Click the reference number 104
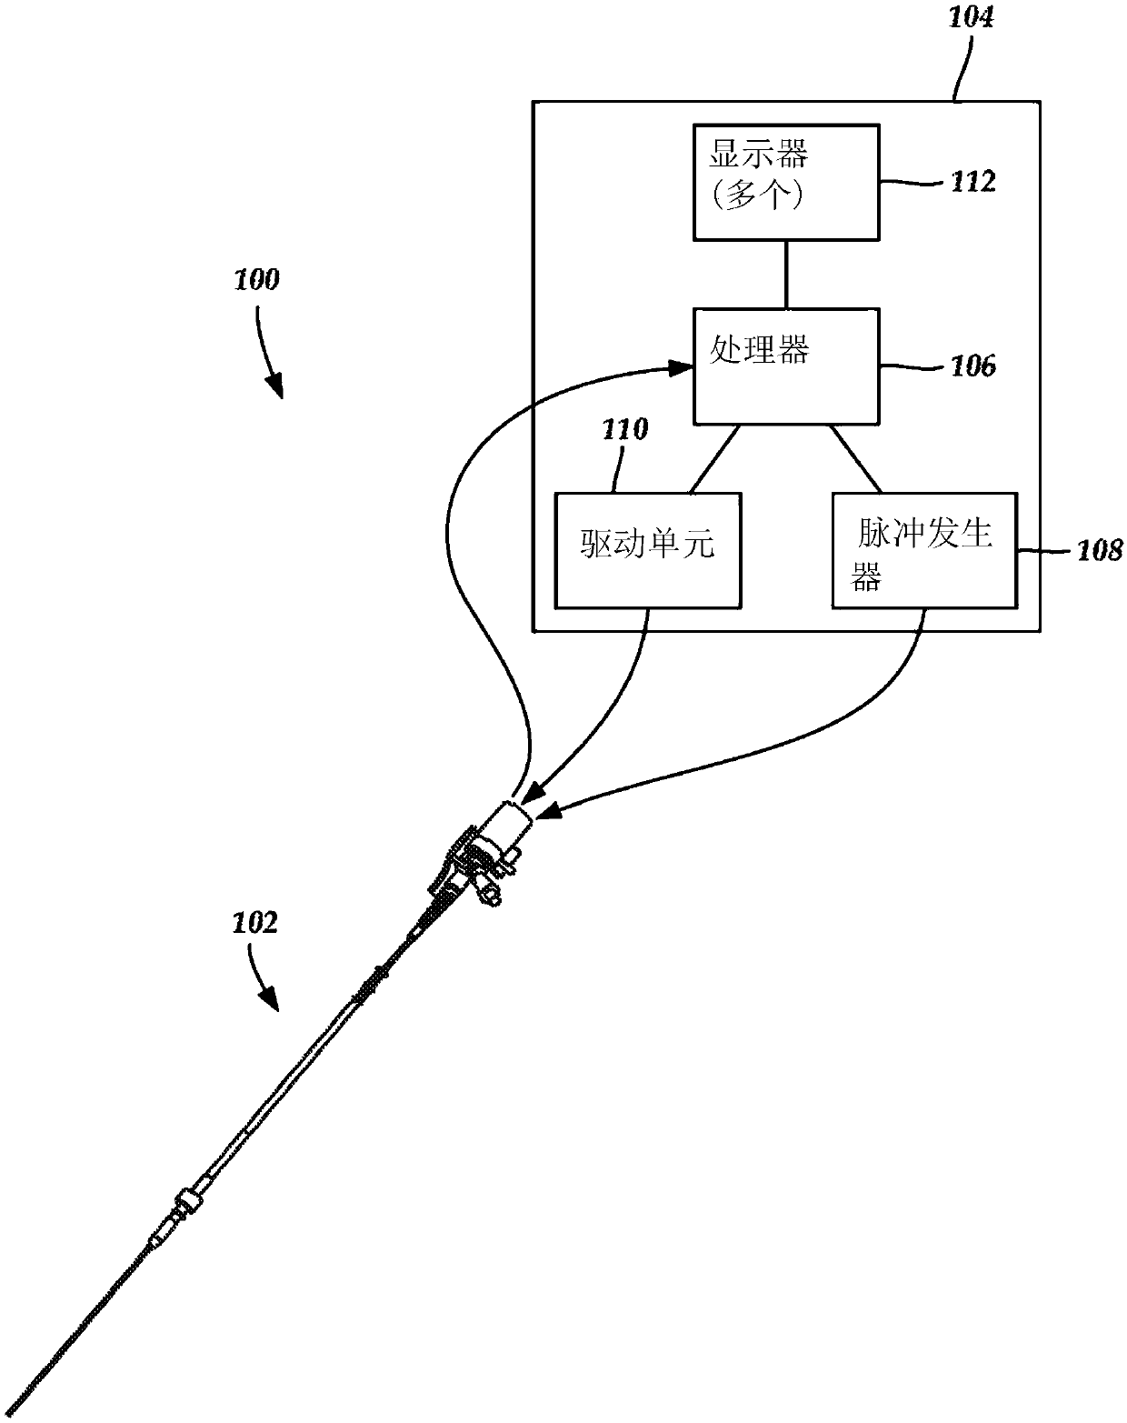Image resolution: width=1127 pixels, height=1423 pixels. [x=971, y=17]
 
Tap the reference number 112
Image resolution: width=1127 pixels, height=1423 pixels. [x=973, y=181]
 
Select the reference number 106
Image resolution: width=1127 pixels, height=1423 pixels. [x=973, y=366]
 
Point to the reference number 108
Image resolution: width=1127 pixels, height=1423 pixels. [x=1100, y=550]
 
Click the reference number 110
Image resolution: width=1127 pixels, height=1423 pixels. [x=624, y=430]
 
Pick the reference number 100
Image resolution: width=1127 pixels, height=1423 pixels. [x=256, y=280]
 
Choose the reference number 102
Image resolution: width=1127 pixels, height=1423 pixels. [x=255, y=923]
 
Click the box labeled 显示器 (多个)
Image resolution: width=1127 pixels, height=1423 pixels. [x=786, y=183]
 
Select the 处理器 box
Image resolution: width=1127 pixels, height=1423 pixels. [x=786, y=366]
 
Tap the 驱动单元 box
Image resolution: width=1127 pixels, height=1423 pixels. [x=648, y=550]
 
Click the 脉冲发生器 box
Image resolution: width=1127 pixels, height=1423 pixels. [x=924, y=550]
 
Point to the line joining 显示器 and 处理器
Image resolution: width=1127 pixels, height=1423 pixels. [x=786, y=275]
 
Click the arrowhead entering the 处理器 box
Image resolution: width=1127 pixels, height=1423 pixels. [x=680, y=367]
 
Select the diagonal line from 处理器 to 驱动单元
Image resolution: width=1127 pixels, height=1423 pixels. [x=713, y=459]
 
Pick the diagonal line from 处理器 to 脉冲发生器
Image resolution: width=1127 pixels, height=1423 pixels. [x=856, y=459]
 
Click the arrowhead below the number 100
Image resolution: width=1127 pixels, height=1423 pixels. [x=275, y=386]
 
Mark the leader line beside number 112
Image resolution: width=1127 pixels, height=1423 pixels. [x=914, y=182]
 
